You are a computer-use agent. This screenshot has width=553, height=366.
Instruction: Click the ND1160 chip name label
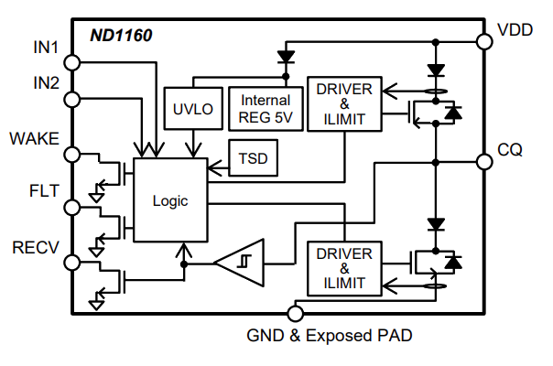point(120,38)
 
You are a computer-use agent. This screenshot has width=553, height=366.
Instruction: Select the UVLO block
point(192,108)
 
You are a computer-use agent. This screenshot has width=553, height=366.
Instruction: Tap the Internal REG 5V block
point(265,108)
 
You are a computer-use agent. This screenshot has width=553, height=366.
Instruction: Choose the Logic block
point(170,200)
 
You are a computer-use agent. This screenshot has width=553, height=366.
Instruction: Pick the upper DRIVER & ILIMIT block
point(344,104)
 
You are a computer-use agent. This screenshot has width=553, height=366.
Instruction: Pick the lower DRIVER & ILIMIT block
point(344,268)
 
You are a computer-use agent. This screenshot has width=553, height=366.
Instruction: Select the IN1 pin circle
point(73,62)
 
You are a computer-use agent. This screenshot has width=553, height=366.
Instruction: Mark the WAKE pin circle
point(73,155)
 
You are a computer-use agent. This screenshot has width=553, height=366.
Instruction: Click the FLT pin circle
point(73,209)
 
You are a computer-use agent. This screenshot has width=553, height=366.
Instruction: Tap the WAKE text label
point(34,139)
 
